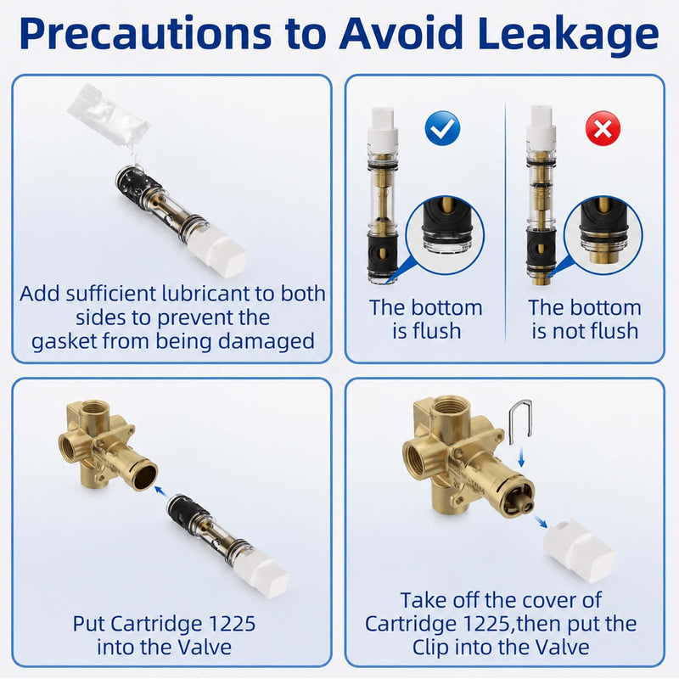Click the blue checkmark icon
click(442, 128)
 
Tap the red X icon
click(603, 128)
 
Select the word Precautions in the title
click(145, 34)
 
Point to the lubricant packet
click(109, 115)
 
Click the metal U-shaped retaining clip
click(520, 421)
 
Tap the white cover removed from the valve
click(579, 550)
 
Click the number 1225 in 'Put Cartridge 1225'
click(232, 624)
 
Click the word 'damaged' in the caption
click(267, 342)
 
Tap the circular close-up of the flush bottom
click(445, 235)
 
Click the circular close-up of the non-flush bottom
click(603, 235)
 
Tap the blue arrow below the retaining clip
click(521, 457)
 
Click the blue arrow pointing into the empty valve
click(160, 491)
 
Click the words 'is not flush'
click(585, 331)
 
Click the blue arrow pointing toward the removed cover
click(542, 522)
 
